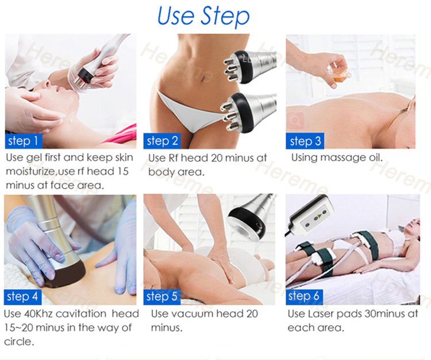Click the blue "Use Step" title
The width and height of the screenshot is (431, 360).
point(203,16)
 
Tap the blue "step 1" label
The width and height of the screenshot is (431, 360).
point(24,141)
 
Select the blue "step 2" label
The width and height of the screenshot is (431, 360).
point(162,141)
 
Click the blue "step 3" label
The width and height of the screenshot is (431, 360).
point(305,141)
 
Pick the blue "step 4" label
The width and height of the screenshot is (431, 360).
point(22,297)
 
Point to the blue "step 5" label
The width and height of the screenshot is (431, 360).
point(162,297)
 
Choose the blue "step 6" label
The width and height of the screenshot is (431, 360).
point(304,297)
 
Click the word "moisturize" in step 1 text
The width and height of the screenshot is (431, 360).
point(30,171)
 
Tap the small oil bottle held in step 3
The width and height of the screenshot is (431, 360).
point(338,72)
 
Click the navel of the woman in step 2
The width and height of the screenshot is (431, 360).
point(203,79)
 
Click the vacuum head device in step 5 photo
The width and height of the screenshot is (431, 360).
point(251,217)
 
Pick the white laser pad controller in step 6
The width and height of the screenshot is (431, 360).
point(310,216)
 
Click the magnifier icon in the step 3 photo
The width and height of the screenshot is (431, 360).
point(295,120)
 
